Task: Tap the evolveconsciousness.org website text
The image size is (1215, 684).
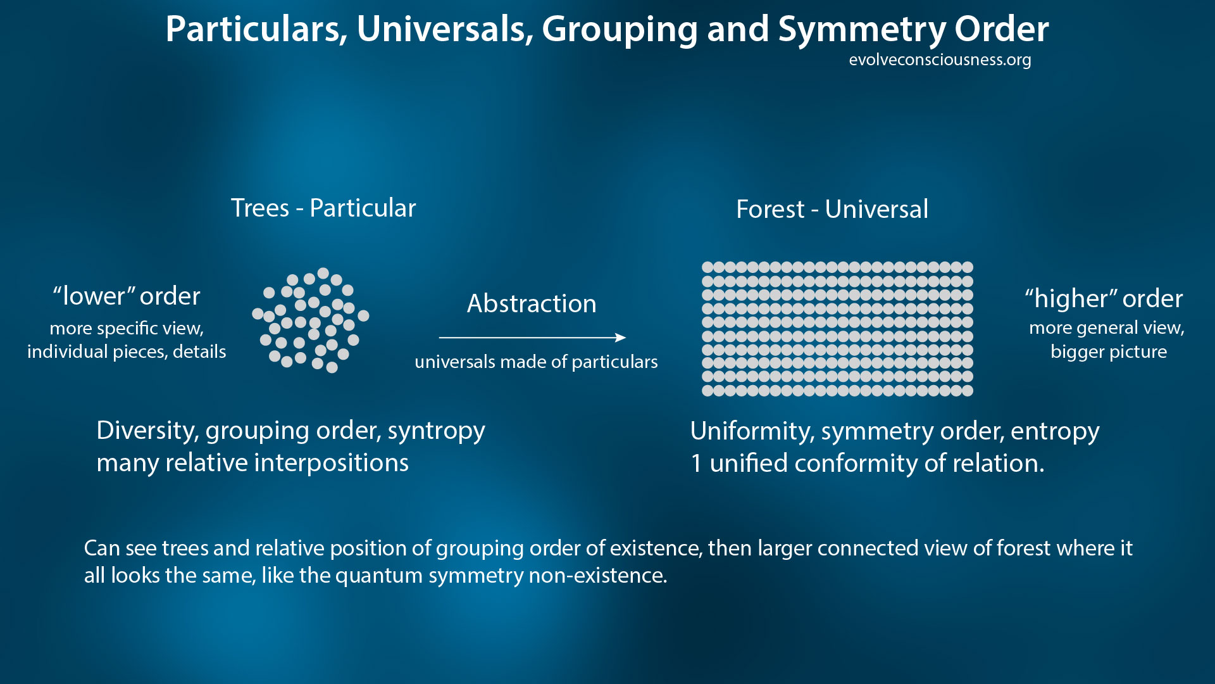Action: click(940, 60)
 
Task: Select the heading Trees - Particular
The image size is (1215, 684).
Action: click(323, 208)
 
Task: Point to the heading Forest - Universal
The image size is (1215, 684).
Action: click(832, 209)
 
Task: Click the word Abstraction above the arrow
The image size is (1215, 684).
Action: click(532, 303)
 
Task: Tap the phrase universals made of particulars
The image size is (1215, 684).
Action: click(536, 362)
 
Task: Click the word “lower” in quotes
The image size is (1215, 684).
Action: click(94, 296)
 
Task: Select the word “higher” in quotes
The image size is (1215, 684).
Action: click(1070, 298)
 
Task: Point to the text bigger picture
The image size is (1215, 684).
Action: click(1109, 351)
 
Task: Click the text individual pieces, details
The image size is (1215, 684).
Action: click(127, 351)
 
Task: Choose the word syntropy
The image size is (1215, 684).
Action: click(436, 431)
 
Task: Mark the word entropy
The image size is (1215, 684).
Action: click(1055, 431)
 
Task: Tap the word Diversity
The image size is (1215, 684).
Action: click(147, 431)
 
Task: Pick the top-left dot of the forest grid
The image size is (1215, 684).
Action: click(707, 267)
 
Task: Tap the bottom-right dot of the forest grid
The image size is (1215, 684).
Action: click(968, 391)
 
